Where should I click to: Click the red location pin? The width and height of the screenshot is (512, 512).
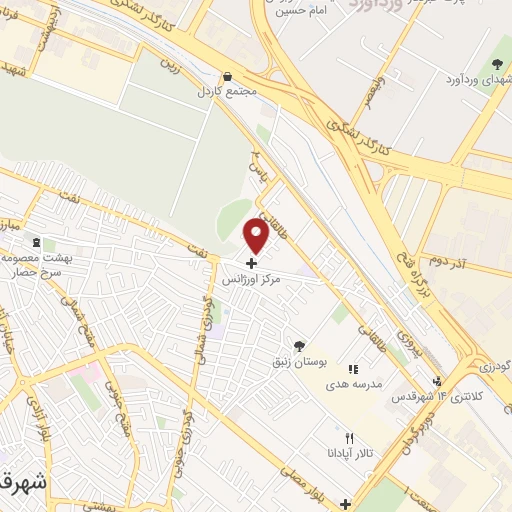pyautogui.click(x=256, y=236)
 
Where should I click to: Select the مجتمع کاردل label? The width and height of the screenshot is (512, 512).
pyautogui.click(x=229, y=91)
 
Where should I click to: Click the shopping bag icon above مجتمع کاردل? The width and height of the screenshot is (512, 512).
pyautogui.click(x=228, y=76)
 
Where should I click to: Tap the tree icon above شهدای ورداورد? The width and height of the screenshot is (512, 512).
pyautogui.click(x=497, y=65)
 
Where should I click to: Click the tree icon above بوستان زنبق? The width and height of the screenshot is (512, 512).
pyautogui.click(x=298, y=346)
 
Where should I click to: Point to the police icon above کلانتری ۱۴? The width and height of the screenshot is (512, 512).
pyautogui.click(x=437, y=380)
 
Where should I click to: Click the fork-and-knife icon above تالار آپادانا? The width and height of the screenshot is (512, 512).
pyautogui.click(x=349, y=438)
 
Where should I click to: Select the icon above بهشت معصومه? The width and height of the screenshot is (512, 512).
pyautogui.click(x=37, y=243)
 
